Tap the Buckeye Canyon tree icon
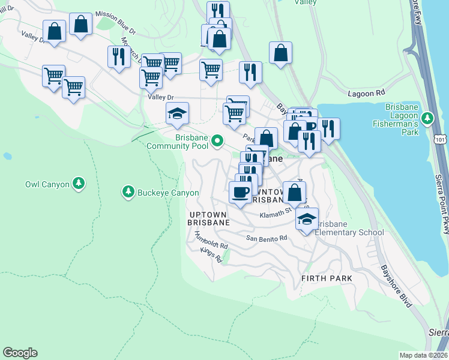tap(128, 192)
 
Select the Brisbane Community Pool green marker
tap(220, 142)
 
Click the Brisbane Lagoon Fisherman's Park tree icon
tap(427, 118)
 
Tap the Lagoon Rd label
tap(366, 93)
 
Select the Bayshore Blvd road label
tap(396, 286)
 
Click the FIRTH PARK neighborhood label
tap(327, 279)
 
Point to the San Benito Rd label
tap(267, 238)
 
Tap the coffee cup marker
tap(240, 193)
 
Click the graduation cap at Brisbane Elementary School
tap(307, 219)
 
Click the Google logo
tap(20, 353)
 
